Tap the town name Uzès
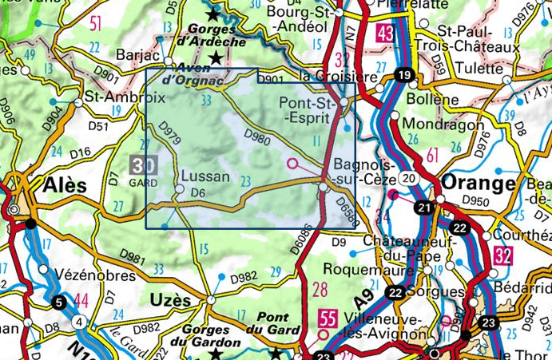169,300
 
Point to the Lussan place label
205,176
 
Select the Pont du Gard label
272,323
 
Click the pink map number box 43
386,34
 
